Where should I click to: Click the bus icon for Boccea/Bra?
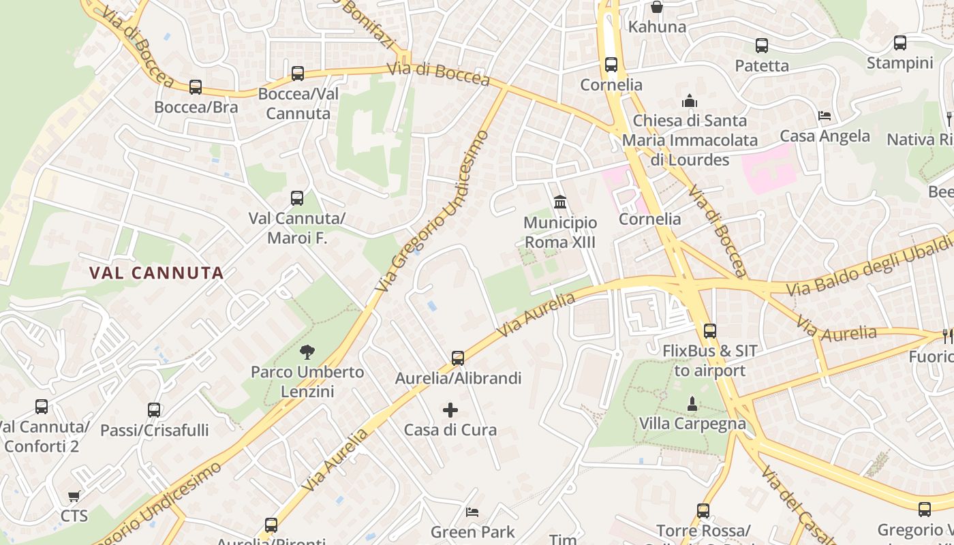[196, 87]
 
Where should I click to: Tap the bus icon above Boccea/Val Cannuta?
[298, 74]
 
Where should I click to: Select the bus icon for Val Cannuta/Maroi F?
[297, 198]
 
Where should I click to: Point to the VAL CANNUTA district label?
[157, 273]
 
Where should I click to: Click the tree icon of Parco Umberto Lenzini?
[307, 352]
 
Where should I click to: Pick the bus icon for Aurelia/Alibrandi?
[458, 358]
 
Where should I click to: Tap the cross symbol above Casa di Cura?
[450, 410]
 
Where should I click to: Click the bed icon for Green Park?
[472, 512]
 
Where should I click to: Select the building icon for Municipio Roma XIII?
[560, 202]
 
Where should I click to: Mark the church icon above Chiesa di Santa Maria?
[690, 101]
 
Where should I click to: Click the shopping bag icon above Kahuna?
[657, 7]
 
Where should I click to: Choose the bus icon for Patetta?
[762, 46]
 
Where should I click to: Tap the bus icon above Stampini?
[900, 43]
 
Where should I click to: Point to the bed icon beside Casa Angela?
[825, 116]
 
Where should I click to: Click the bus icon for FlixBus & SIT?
[710, 331]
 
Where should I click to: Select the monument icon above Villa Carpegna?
[692, 404]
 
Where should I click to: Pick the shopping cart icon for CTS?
[74, 496]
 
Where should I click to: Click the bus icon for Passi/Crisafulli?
[154, 410]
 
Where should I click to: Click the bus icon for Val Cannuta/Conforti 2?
[42, 407]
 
